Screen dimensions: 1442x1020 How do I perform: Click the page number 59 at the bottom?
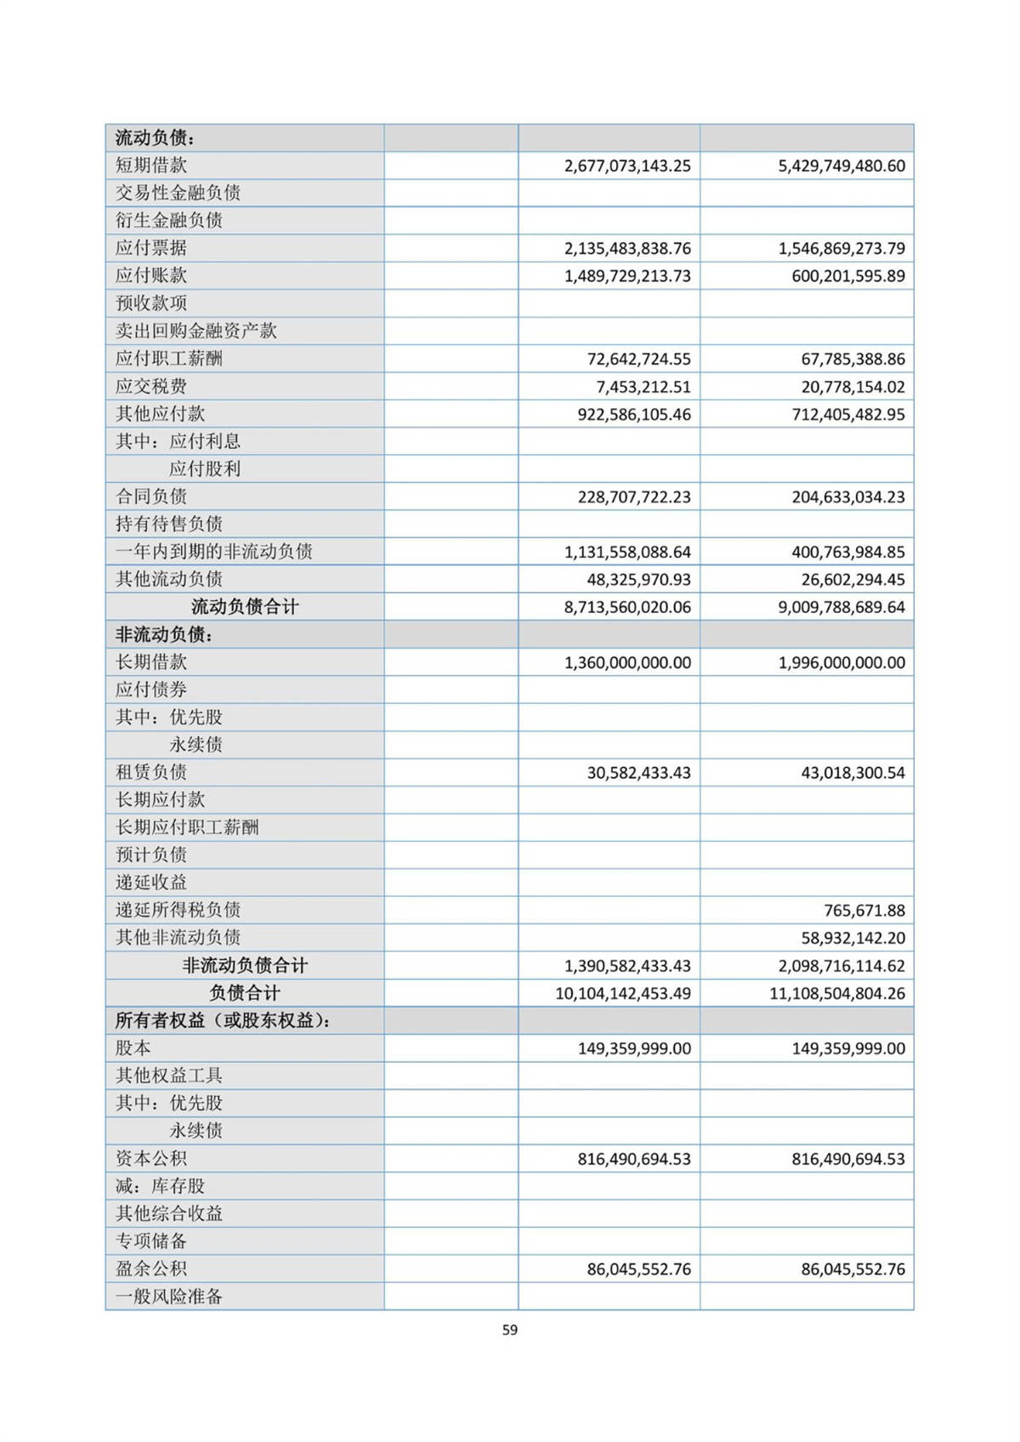click(x=510, y=1330)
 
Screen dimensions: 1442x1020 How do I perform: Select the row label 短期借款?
click(x=151, y=165)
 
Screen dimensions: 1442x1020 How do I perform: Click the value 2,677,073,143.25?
click(x=627, y=166)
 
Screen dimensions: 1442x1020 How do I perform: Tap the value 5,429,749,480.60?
click(x=841, y=166)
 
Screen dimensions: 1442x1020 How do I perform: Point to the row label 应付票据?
click(x=151, y=248)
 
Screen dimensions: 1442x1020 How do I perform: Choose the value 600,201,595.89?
click(x=848, y=276)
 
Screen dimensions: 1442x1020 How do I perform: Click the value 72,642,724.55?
click(x=639, y=359)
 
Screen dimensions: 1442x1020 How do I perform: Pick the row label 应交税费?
click(x=151, y=386)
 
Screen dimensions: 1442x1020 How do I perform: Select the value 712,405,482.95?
click(x=848, y=414)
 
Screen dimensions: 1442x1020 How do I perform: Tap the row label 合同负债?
click(x=151, y=497)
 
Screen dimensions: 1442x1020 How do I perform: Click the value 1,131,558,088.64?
click(x=627, y=552)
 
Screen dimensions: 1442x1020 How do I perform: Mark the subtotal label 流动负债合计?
click(x=245, y=607)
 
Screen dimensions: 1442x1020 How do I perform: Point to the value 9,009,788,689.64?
click(x=841, y=607)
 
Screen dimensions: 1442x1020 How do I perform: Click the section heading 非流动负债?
click(x=164, y=634)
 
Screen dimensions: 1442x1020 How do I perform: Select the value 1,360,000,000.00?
click(x=627, y=662)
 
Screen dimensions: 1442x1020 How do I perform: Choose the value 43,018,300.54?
click(x=853, y=773)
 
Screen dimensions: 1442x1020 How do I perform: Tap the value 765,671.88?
click(x=864, y=911)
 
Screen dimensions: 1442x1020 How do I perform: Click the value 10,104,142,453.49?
click(x=623, y=993)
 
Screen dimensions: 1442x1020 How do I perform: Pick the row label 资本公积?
click(x=151, y=1158)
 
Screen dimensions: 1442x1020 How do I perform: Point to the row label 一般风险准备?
click(x=169, y=1297)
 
